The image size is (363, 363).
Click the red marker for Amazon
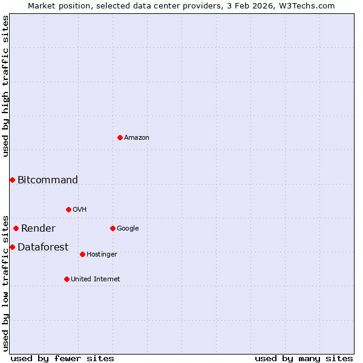[x=120, y=138]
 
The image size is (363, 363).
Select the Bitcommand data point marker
[x=12, y=180]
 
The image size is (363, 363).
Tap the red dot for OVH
[x=68, y=210]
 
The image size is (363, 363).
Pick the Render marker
[x=16, y=229]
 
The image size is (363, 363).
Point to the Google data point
[x=113, y=229]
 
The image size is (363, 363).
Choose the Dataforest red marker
[x=12, y=247]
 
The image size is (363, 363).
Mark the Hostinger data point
[x=82, y=255]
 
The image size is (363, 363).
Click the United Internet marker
[x=67, y=280]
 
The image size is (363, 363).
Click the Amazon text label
[x=137, y=138]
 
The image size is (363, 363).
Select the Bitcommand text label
[x=48, y=180]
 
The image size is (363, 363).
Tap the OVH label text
[x=80, y=210]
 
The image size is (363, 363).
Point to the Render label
[x=38, y=229]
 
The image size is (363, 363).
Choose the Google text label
[x=128, y=229]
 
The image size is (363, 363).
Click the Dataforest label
[x=43, y=247]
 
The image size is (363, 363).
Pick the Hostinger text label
[x=102, y=255]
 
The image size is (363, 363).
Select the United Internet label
[x=96, y=280]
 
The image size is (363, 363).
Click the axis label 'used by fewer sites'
[x=62, y=359]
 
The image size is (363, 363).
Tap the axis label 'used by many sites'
[x=304, y=359]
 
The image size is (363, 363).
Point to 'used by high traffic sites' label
[x=6, y=87]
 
